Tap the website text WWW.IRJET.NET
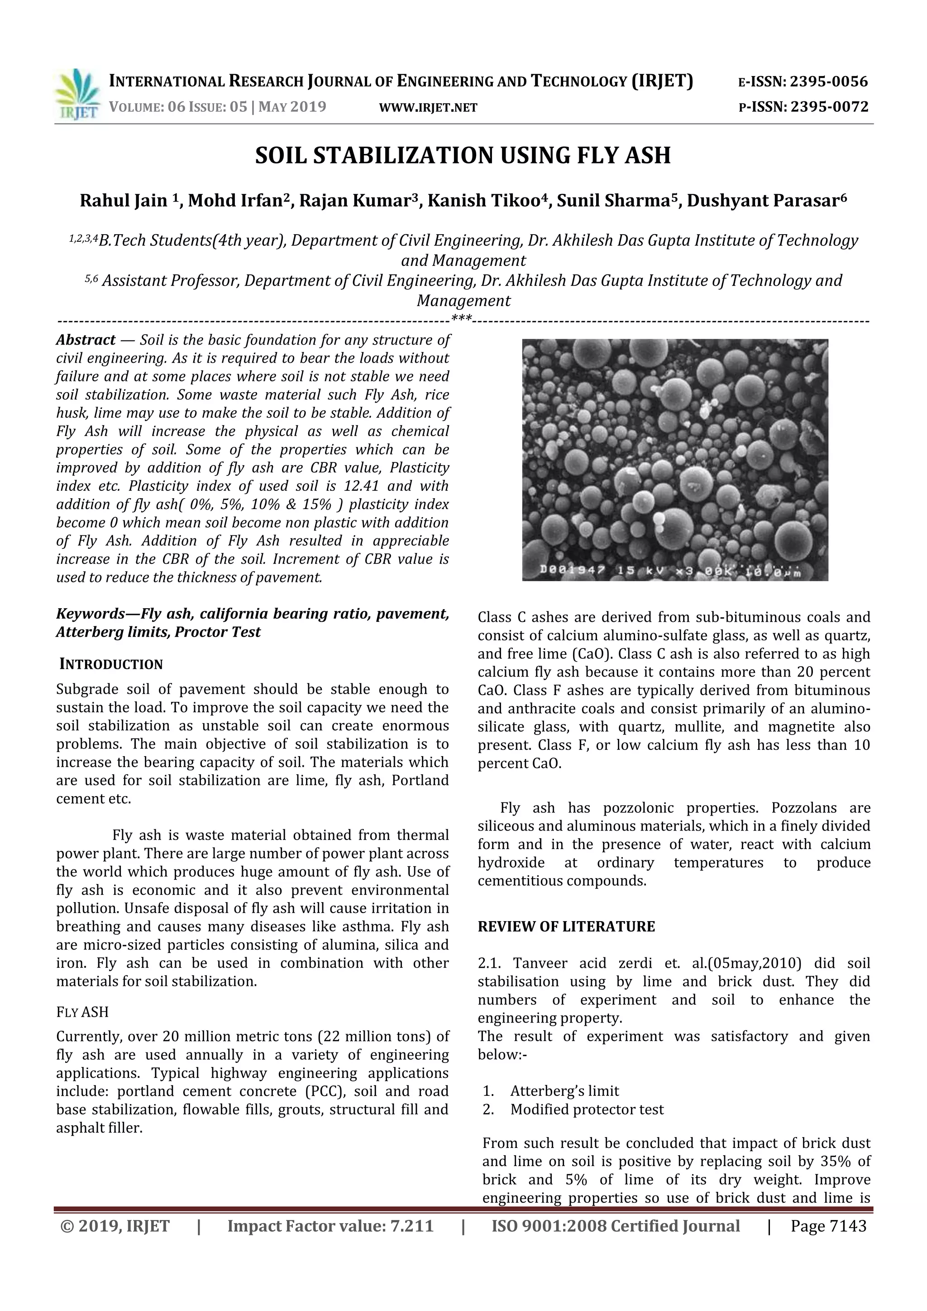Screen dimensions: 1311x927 pyautogui.click(x=428, y=107)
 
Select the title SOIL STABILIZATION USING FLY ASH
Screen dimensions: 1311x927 pyautogui.click(x=463, y=155)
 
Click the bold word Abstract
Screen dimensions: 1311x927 pyautogui.click(x=86, y=340)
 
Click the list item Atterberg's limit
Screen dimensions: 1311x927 pyautogui.click(x=564, y=1091)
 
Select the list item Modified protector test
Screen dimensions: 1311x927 pyautogui.click(x=587, y=1109)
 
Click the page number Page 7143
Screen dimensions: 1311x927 pyautogui.click(x=828, y=1226)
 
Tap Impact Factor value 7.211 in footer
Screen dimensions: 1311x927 pyautogui.click(x=330, y=1226)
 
